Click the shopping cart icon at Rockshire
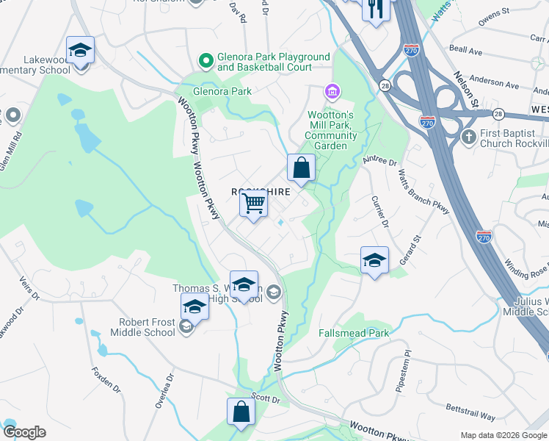(x=253, y=202)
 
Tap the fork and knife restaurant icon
(x=376, y=9)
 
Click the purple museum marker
(x=332, y=92)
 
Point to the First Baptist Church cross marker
(x=468, y=137)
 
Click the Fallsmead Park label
(x=354, y=333)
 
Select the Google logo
(x=24, y=432)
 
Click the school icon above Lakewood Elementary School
(x=80, y=50)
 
